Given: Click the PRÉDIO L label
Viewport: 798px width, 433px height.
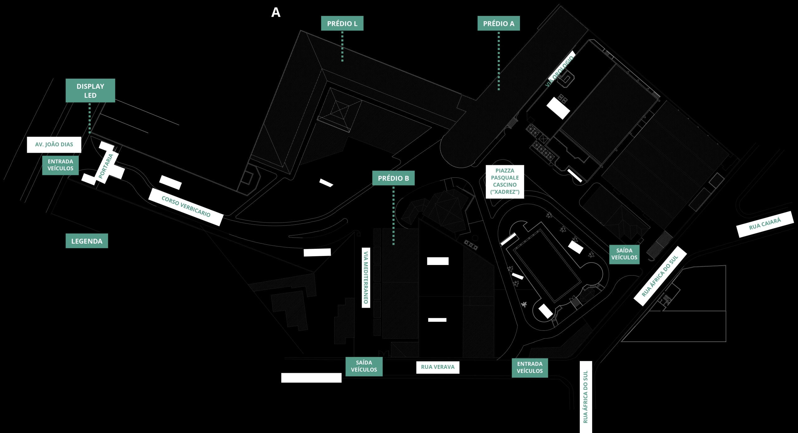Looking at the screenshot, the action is coord(342,23).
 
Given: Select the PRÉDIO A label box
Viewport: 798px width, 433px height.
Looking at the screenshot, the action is coord(498,23).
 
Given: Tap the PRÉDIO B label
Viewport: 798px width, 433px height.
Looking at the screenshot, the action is coord(393,178).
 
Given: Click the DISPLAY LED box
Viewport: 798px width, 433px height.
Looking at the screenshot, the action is coord(90,90).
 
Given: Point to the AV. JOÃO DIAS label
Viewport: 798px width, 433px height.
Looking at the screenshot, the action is coord(54,145).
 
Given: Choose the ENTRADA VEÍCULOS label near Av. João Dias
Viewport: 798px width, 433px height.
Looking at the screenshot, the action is coord(60,165).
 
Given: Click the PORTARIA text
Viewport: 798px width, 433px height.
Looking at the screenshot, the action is coord(106,166).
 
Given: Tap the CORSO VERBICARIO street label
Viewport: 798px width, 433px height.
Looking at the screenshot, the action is coord(186,207).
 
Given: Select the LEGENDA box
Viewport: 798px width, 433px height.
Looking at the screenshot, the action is coord(87,241).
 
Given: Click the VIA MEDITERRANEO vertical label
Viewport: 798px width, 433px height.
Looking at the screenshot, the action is coord(366,278).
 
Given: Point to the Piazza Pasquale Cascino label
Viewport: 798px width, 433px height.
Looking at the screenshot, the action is coord(505,181).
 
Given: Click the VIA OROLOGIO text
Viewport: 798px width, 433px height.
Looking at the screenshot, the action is coord(560,71).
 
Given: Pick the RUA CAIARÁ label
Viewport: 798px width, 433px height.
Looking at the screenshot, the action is coord(765,224).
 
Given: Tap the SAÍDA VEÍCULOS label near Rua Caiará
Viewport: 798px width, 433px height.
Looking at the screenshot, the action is coord(624,254).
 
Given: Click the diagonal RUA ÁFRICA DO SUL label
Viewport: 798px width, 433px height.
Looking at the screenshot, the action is coord(660,276).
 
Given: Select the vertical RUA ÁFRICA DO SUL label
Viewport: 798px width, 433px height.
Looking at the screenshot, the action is coord(586,397).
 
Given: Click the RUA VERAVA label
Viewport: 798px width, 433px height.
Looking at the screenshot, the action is coord(438,367).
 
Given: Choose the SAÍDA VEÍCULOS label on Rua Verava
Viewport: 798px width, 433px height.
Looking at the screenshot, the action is coord(364,366).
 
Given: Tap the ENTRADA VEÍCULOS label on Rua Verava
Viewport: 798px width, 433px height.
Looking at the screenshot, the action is coord(530,368).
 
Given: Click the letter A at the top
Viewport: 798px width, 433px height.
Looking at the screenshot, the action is coord(276,12).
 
